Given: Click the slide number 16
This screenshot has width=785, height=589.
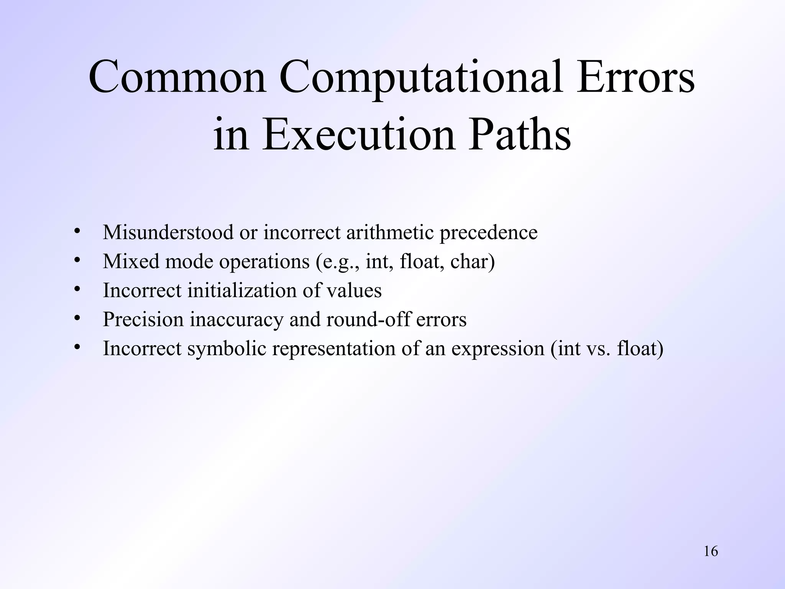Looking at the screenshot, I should (x=711, y=551).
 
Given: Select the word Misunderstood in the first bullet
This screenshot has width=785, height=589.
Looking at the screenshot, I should (x=168, y=232).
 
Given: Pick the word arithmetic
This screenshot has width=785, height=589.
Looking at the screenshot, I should (x=390, y=232).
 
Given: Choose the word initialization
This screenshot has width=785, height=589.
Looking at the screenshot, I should (x=242, y=290).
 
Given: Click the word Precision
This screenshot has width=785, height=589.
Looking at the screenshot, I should (x=143, y=319).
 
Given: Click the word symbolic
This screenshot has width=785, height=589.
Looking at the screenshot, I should (x=227, y=349).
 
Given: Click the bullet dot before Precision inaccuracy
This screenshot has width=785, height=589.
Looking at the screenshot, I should (x=77, y=318).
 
